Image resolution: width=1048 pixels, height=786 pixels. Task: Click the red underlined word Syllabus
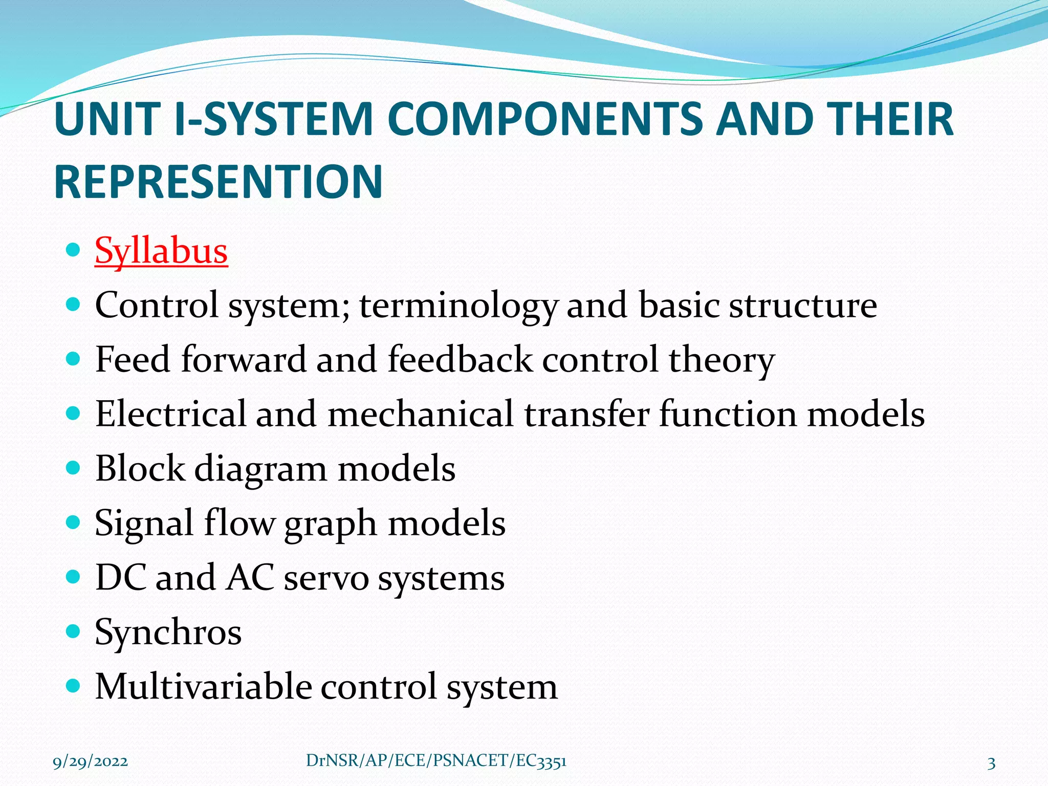(x=161, y=251)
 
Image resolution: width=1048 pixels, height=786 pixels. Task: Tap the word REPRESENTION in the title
(x=219, y=182)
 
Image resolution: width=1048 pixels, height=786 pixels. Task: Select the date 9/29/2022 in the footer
(x=91, y=761)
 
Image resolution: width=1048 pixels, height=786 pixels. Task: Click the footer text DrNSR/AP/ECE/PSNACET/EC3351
(x=436, y=761)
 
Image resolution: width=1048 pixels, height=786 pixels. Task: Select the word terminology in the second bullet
(x=457, y=306)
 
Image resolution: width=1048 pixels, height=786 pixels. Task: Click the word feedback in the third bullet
(x=460, y=360)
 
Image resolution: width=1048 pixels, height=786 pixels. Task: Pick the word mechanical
(x=420, y=414)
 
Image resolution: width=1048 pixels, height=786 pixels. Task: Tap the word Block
(x=140, y=469)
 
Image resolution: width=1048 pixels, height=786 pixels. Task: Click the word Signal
(x=144, y=523)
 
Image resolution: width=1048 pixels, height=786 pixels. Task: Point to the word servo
(x=326, y=578)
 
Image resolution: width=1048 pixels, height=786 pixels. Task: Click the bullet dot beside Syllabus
(x=74, y=250)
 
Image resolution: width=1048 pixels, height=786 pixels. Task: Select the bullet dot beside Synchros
(x=74, y=631)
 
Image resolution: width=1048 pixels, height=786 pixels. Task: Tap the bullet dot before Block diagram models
(x=74, y=468)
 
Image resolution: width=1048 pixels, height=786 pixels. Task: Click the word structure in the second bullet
(x=803, y=306)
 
